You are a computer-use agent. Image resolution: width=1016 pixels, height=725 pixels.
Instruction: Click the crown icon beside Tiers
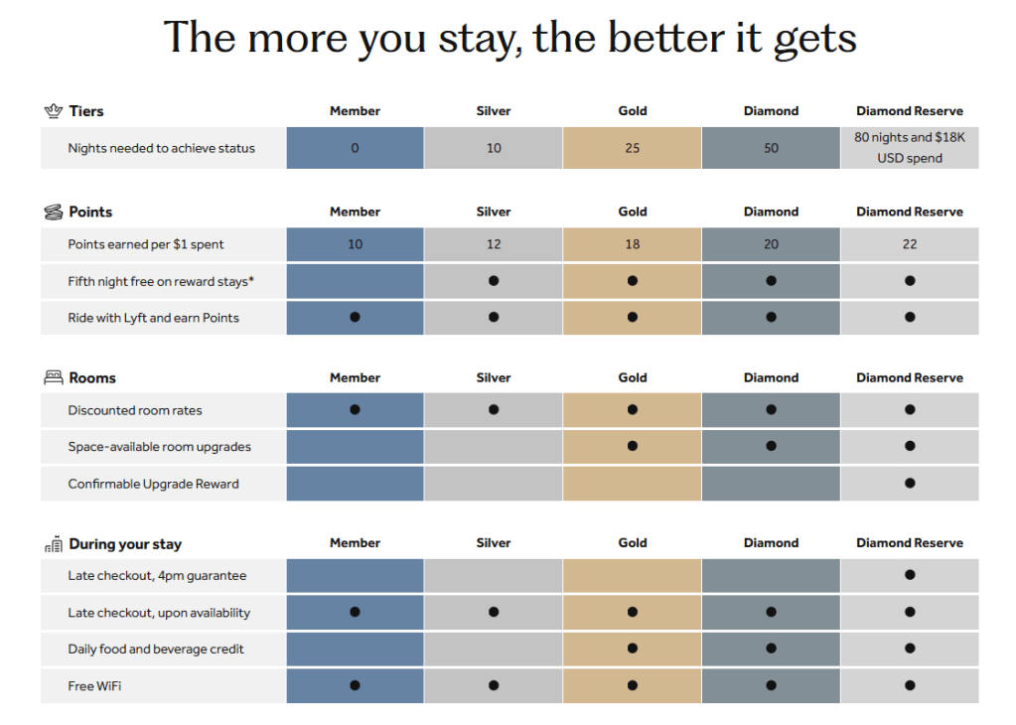coord(54,110)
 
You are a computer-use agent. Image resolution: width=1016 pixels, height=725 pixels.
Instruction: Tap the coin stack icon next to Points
coord(54,212)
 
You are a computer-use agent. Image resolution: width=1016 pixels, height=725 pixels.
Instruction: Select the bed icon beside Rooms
coord(54,377)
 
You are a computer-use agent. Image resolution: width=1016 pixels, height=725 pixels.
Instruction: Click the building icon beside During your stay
coord(54,544)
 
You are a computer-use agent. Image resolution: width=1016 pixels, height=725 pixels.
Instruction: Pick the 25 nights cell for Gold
coord(633,148)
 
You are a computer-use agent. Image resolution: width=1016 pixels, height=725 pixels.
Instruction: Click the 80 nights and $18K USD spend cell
coord(910,148)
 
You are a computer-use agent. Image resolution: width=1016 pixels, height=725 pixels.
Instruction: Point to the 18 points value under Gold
coord(633,244)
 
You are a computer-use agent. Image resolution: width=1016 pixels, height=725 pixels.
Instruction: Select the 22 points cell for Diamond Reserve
coord(910,244)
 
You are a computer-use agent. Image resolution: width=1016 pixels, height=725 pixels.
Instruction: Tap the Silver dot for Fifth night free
coord(494,281)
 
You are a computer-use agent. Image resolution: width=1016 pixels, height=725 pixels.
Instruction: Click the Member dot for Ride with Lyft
coord(355,318)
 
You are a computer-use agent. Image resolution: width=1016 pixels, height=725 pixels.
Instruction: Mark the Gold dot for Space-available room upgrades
coord(633,447)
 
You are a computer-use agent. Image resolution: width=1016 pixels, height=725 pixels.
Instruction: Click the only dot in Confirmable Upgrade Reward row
coord(910,484)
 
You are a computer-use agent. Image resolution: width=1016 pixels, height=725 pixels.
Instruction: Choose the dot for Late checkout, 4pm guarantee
coord(910,575)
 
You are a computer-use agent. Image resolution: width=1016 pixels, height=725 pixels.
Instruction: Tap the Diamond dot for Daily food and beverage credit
coord(772,650)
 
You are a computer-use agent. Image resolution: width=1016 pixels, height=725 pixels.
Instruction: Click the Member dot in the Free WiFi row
coord(355,685)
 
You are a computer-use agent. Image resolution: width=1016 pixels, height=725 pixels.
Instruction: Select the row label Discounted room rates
coord(135,410)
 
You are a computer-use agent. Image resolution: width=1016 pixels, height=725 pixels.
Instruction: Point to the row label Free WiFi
coord(95,686)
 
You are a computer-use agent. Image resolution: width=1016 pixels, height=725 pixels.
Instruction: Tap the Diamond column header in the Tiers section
coord(772,111)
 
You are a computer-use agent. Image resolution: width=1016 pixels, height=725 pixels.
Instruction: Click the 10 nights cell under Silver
coord(494,148)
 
